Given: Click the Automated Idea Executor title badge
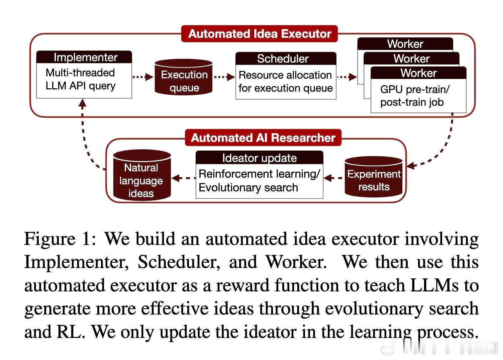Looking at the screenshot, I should pyautogui.click(x=260, y=34).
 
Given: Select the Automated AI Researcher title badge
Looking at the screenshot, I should pyautogui.click(x=263, y=138).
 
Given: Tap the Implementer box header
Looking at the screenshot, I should pyautogui.click(x=84, y=57).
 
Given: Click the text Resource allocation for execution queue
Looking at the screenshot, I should pyautogui.click(x=285, y=82).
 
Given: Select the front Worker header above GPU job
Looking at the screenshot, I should pyautogui.click(x=418, y=73).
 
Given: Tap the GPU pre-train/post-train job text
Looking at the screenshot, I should pyautogui.click(x=415, y=96).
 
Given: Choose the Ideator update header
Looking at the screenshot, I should pyautogui.click(x=259, y=158).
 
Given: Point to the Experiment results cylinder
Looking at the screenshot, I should pyautogui.click(x=374, y=177).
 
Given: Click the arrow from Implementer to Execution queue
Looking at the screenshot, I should pyautogui.click(x=143, y=77).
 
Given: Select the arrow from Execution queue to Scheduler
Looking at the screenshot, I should pyautogui.click(x=224, y=77).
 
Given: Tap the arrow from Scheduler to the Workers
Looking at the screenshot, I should pyautogui.click(x=347, y=77).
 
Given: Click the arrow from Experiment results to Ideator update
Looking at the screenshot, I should pyautogui.click(x=334, y=178).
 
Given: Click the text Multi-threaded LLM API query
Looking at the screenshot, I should pyautogui.click(x=80, y=79).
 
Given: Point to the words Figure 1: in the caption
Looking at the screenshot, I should pyautogui.click(x=60, y=239).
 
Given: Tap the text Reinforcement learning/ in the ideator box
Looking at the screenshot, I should pyautogui.click(x=259, y=174).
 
